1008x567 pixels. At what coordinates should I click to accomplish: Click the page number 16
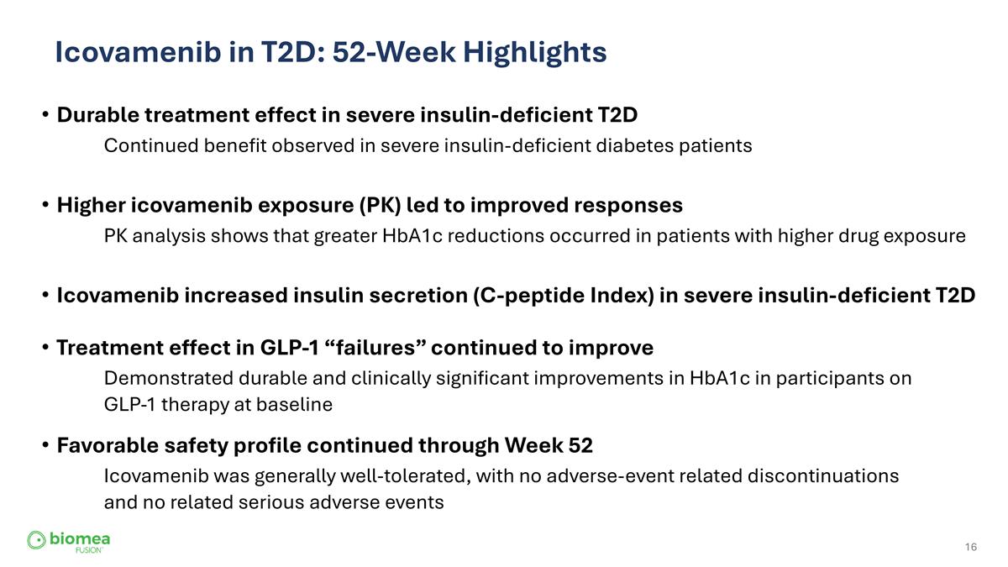[x=971, y=548]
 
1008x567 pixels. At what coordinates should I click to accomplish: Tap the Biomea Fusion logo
[x=69, y=541]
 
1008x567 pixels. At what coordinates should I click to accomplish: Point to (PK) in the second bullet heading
[x=380, y=205]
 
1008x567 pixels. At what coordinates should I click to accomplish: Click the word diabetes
[x=634, y=145]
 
